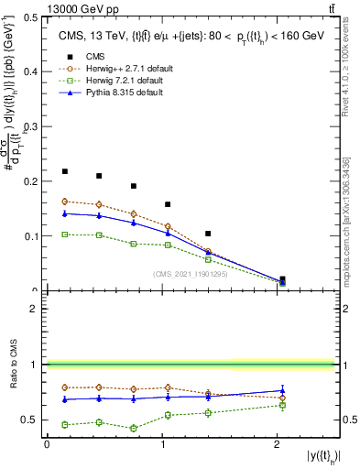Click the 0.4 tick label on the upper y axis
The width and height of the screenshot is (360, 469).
point(33,71)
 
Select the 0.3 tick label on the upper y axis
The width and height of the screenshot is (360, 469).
point(33,126)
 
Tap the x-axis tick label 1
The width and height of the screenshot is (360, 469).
point(163,445)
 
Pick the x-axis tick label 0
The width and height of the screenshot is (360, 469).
point(48,445)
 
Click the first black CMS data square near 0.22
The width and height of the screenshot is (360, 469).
point(65,171)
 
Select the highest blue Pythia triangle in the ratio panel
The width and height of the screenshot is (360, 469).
point(282,391)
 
